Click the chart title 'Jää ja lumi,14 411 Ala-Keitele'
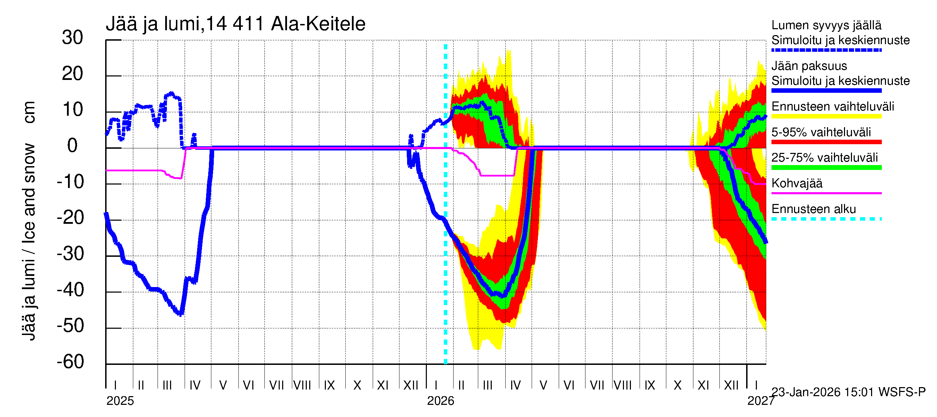[235, 24]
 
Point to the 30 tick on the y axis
[73, 38]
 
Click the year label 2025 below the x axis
[120, 401]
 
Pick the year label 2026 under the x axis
[440, 401]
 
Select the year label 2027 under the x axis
[761, 401]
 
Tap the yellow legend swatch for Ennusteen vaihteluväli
[826, 116]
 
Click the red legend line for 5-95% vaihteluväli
[826, 142]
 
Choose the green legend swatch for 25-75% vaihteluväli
[826, 167]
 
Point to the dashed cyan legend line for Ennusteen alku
[826, 219]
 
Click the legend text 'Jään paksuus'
[809, 66]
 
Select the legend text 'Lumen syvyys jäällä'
[826, 25]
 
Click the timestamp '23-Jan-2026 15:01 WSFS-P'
[848, 392]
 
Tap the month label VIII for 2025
[302, 385]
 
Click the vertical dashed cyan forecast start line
[445, 255]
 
